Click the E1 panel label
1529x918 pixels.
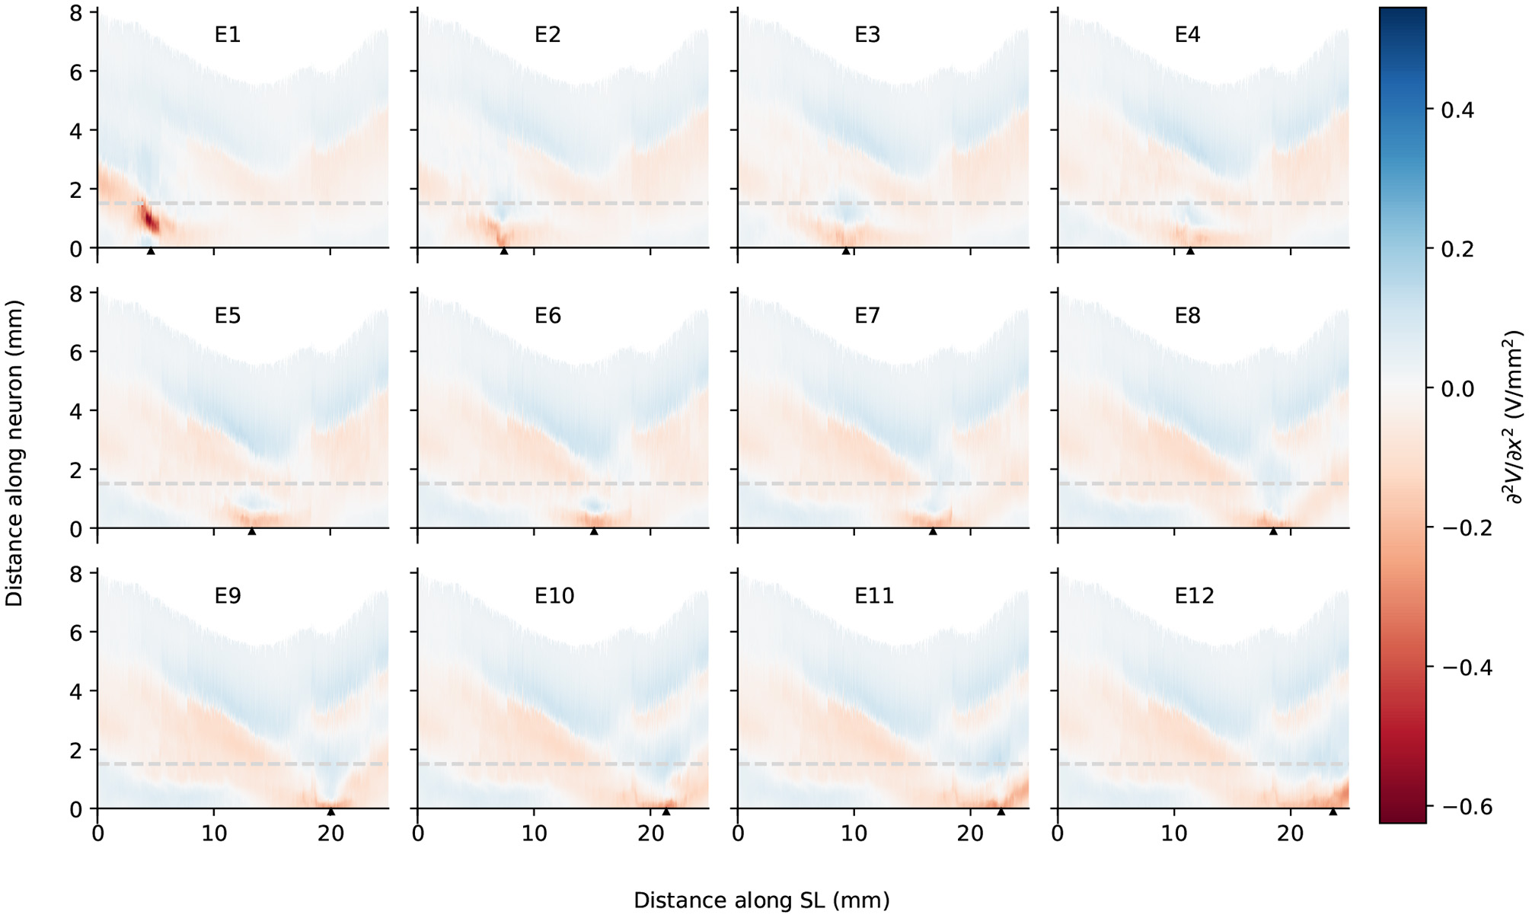point(227,35)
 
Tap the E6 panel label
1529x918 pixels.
point(547,315)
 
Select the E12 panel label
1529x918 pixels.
point(1193,595)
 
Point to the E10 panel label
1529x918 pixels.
point(554,595)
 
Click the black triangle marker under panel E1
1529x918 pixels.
point(151,251)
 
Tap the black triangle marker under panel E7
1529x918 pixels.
point(933,531)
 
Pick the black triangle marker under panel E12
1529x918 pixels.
point(1333,811)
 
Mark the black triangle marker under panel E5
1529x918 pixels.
point(252,531)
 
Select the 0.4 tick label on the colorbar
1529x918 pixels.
point(1457,110)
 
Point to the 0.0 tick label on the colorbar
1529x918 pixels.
point(1457,389)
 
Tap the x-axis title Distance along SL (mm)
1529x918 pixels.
point(761,900)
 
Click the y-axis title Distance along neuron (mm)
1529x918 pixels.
point(14,453)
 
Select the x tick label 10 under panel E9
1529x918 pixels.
point(214,834)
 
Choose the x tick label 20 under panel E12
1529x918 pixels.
point(1290,834)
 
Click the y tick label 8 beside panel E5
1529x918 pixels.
point(75,294)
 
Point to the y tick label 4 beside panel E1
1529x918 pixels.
point(75,131)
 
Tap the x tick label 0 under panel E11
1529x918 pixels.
point(738,834)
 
